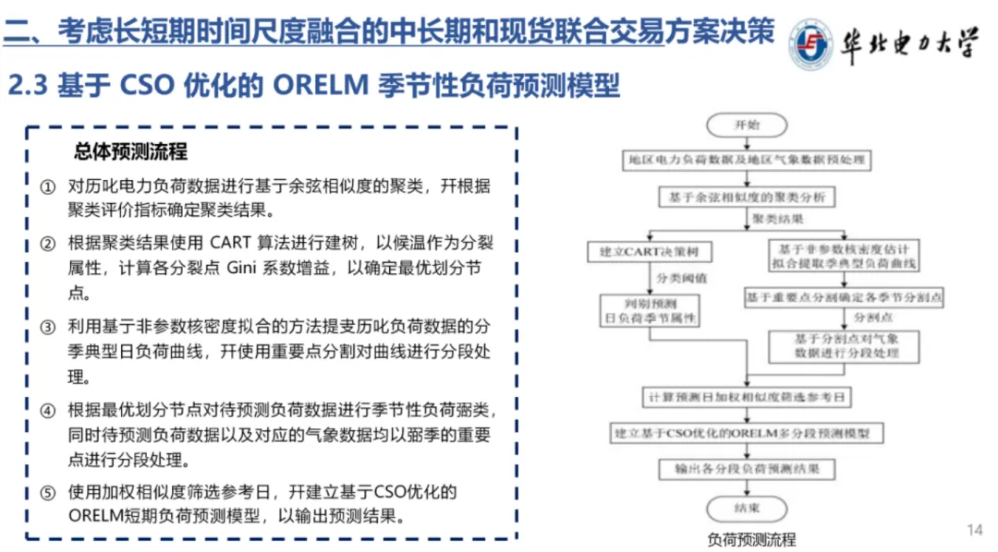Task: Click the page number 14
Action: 974,529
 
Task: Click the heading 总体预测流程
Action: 130,151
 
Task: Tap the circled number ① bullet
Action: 48,186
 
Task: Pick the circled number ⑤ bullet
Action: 48,492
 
